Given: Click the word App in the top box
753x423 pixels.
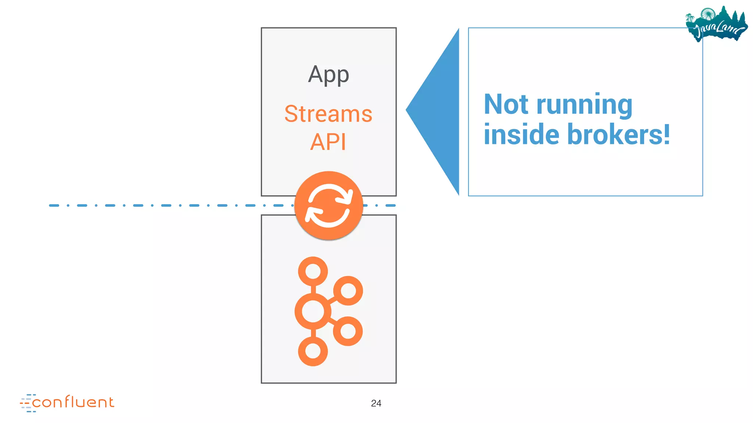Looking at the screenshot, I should tap(328, 75).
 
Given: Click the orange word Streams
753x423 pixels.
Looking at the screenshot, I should tap(328, 114).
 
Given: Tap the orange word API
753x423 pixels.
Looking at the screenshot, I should tap(328, 142).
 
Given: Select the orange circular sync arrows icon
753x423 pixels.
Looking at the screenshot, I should tap(329, 205).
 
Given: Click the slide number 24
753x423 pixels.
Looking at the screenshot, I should tap(376, 403).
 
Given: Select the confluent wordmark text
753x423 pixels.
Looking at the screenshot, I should tap(73, 402).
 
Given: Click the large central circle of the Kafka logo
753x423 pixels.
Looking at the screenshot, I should tap(313, 311).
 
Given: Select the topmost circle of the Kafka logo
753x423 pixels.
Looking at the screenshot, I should tap(313, 271).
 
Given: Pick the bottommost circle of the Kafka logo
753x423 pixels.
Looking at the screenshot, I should tap(313, 351).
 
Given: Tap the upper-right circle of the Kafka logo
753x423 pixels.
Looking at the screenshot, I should tap(348, 291).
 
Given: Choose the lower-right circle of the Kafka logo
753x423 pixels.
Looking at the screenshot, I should tap(348, 331).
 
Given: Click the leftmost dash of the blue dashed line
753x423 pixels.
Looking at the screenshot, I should tap(54, 205).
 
